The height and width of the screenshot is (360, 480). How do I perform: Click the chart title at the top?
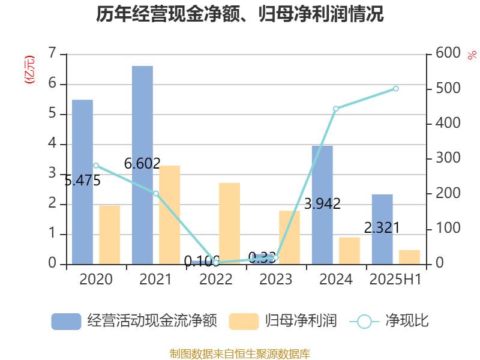tap(240, 14)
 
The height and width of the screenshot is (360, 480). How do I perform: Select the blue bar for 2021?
tap(142, 165)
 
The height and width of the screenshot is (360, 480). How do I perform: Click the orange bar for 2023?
tap(289, 237)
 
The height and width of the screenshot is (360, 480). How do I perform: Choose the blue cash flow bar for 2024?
tap(322, 205)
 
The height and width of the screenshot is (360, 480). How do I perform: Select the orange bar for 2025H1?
tap(409, 257)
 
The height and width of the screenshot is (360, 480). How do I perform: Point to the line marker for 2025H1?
tap(396, 89)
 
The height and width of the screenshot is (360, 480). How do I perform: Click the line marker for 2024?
tap(336, 109)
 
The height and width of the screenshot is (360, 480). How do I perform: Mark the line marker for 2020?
tap(96, 166)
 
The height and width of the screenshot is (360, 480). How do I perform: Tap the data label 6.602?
tap(142, 163)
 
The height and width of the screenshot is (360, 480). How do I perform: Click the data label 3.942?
tap(322, 204)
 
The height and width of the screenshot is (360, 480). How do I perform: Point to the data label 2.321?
tap(382, 227)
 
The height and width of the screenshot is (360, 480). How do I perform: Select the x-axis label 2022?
tap(216, 279)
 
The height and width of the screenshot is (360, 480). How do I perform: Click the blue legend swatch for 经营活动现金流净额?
tap(66, 321)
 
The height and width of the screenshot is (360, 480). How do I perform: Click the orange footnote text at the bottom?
tap(240, 353)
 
